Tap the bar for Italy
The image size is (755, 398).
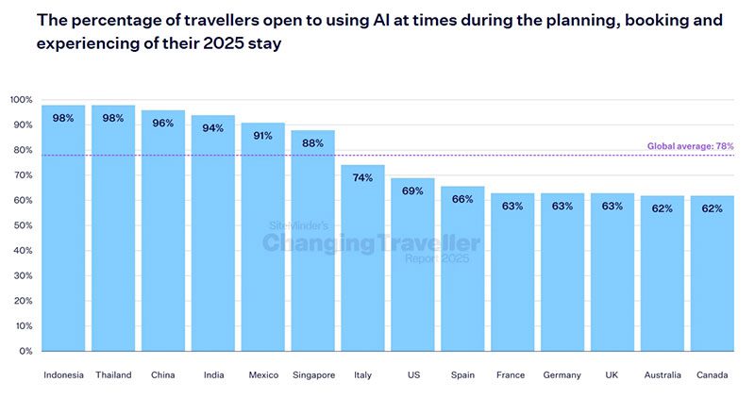pyautogui.click(x=362, y=259)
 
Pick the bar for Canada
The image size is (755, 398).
pyautogui.click(x=712, y=274)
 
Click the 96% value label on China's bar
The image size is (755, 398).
pyautogui.click(x=163, y=124)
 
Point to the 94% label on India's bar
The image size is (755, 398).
pyautogui.click(x=213, y=128)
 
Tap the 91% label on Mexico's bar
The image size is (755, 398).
pyautogui.click(x=263, y=136)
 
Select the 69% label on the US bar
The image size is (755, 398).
pyautogui.click(x=412, y=191)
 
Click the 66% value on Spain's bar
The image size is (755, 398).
pyautogui.click(x=462, y=199)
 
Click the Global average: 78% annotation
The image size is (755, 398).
pyautogui.click(x=690, y=146)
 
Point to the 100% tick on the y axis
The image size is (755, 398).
pyautogui.click(x=22, y=100)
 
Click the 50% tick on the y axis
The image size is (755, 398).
pyautogui.click(x=24, y=225)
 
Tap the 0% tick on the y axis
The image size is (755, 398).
pyautogui.click(x=25, y=351)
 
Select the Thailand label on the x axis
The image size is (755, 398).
pyautogui.click(x=113, y=375)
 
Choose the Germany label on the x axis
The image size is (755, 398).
pyautogui.click(x=562, y=375)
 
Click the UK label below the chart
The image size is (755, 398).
pyautogui.click(x=612, y=375)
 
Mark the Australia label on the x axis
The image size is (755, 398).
pyautogui.click(x=662, y=375)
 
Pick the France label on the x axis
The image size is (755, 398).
pyautogui.click(x=512, y=375)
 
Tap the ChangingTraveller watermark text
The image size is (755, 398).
pyautogui.click(x=371, y=243)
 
